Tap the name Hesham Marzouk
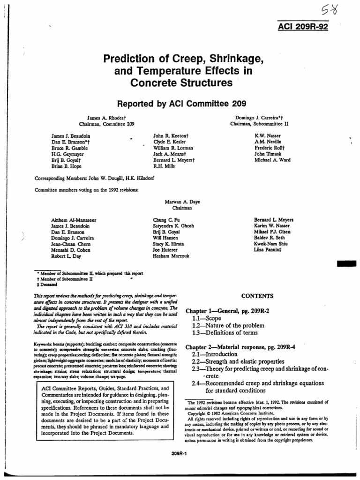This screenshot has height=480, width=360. [x=171, y=256]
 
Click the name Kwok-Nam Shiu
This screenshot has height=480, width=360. [x=271, y=244]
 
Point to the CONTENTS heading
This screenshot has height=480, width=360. [x=257, y=296]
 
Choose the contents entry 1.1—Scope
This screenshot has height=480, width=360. [x=207, y=318]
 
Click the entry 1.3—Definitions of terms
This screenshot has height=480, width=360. [x=225, y=333]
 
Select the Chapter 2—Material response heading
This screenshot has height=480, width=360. [x=240, y=347]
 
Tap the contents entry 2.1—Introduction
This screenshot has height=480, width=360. [x=215, y=354]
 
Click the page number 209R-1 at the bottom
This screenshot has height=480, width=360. [x=180, y=452]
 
